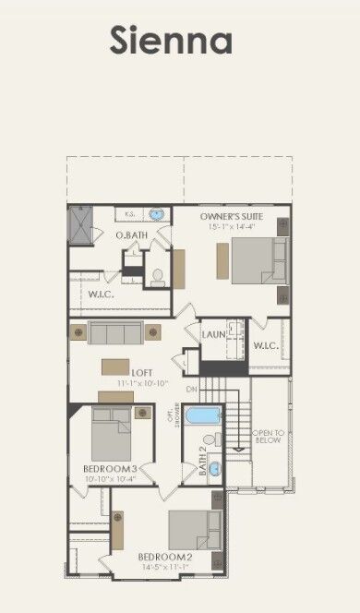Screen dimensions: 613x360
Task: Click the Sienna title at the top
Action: (171, 42)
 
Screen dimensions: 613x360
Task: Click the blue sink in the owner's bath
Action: (157, 214)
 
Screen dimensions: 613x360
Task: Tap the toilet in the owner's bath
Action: (158, 275)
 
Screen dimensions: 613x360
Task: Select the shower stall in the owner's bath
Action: (81, 223)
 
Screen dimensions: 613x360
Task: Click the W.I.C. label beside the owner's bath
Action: (101, 294)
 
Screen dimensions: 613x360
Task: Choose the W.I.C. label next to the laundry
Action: (267, 346)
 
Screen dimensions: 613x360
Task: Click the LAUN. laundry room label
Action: (214, 334)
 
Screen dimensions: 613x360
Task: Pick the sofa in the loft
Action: (115, 332)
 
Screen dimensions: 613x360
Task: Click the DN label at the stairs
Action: (191, 390)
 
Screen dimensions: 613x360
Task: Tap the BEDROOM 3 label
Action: (110, 469)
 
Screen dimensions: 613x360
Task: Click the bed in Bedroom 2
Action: (195, 530)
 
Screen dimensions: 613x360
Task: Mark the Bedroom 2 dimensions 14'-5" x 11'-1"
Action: (164, 567)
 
